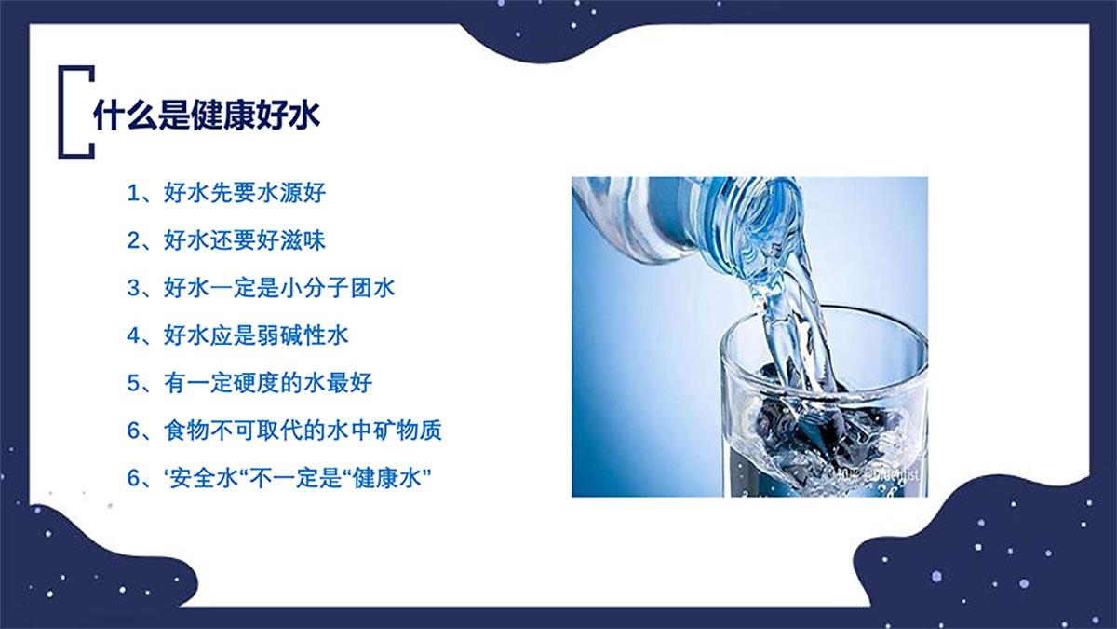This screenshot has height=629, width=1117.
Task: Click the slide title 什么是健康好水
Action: click(207, 116)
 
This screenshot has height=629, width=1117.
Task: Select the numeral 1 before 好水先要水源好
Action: click(133, 194)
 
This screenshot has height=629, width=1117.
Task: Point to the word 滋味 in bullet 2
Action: click(303, 240)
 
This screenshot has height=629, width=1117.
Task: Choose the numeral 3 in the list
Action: click(133, 288)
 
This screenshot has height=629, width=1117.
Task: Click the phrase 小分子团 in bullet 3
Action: click(326, 288)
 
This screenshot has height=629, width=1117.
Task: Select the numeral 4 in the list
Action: click(133, 335)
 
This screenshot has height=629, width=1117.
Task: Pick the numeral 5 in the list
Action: click(133, 383)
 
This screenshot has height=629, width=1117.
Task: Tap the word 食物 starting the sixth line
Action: click(186, 431)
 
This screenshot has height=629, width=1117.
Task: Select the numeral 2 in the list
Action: click(133, 240)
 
